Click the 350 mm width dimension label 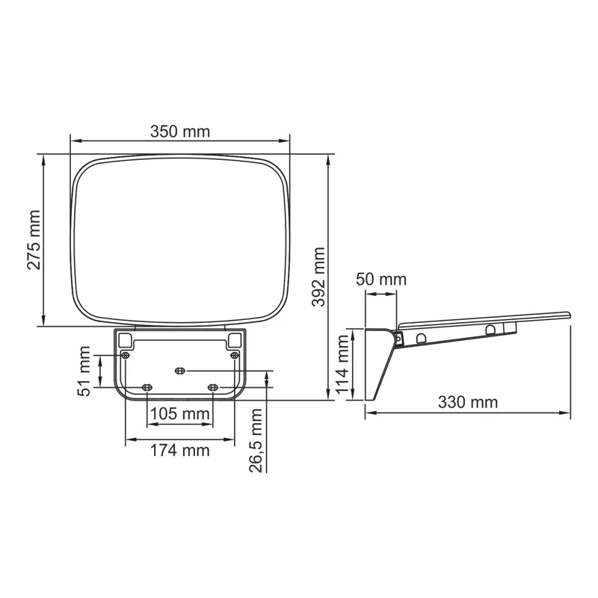tap(179, 132)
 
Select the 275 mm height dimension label tap(34, 241)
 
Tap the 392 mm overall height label tap(319, 278)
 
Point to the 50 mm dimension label tap(381, 280)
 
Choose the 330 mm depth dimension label tap(468, 402)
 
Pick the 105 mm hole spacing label tap(179, 413)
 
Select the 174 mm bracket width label tap(179, 450)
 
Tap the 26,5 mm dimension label tap(256, 441)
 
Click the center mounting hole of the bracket tap(179, 370)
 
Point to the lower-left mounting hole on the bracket tap(147, 386)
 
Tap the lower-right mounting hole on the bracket tap(213, 386)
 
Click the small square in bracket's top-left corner tap(125, 339)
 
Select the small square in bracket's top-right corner tap(235, 339)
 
